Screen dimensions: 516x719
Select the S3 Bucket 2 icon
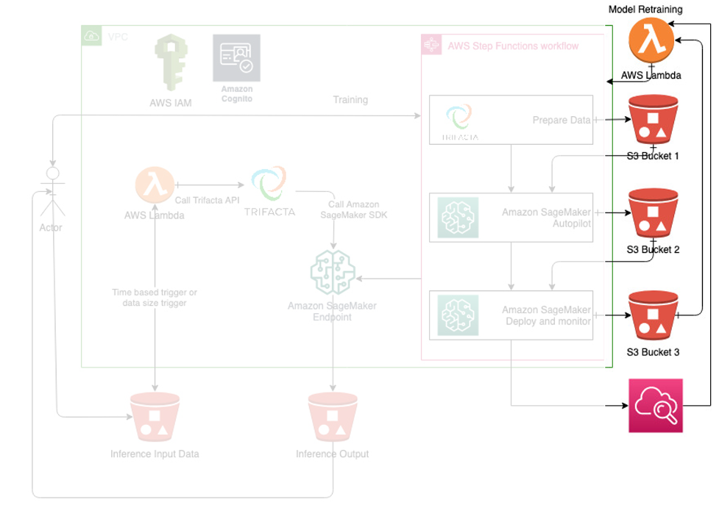[x=652, y=214]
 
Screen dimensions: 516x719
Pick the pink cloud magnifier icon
[x=655, y=406]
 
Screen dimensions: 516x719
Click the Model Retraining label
[x=645, y=10]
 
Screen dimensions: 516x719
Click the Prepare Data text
[x=561, y=120]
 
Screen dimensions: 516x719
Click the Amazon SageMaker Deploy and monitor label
[x=546, y=315]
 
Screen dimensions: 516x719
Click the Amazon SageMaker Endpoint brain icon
[x=333, y=273]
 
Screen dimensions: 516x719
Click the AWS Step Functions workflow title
[x=513, y=46]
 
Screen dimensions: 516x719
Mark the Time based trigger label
[x=155, y=297]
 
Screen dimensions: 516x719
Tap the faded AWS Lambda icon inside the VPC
[x=155, y=185]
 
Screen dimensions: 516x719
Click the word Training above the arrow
[x=350, y=99]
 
